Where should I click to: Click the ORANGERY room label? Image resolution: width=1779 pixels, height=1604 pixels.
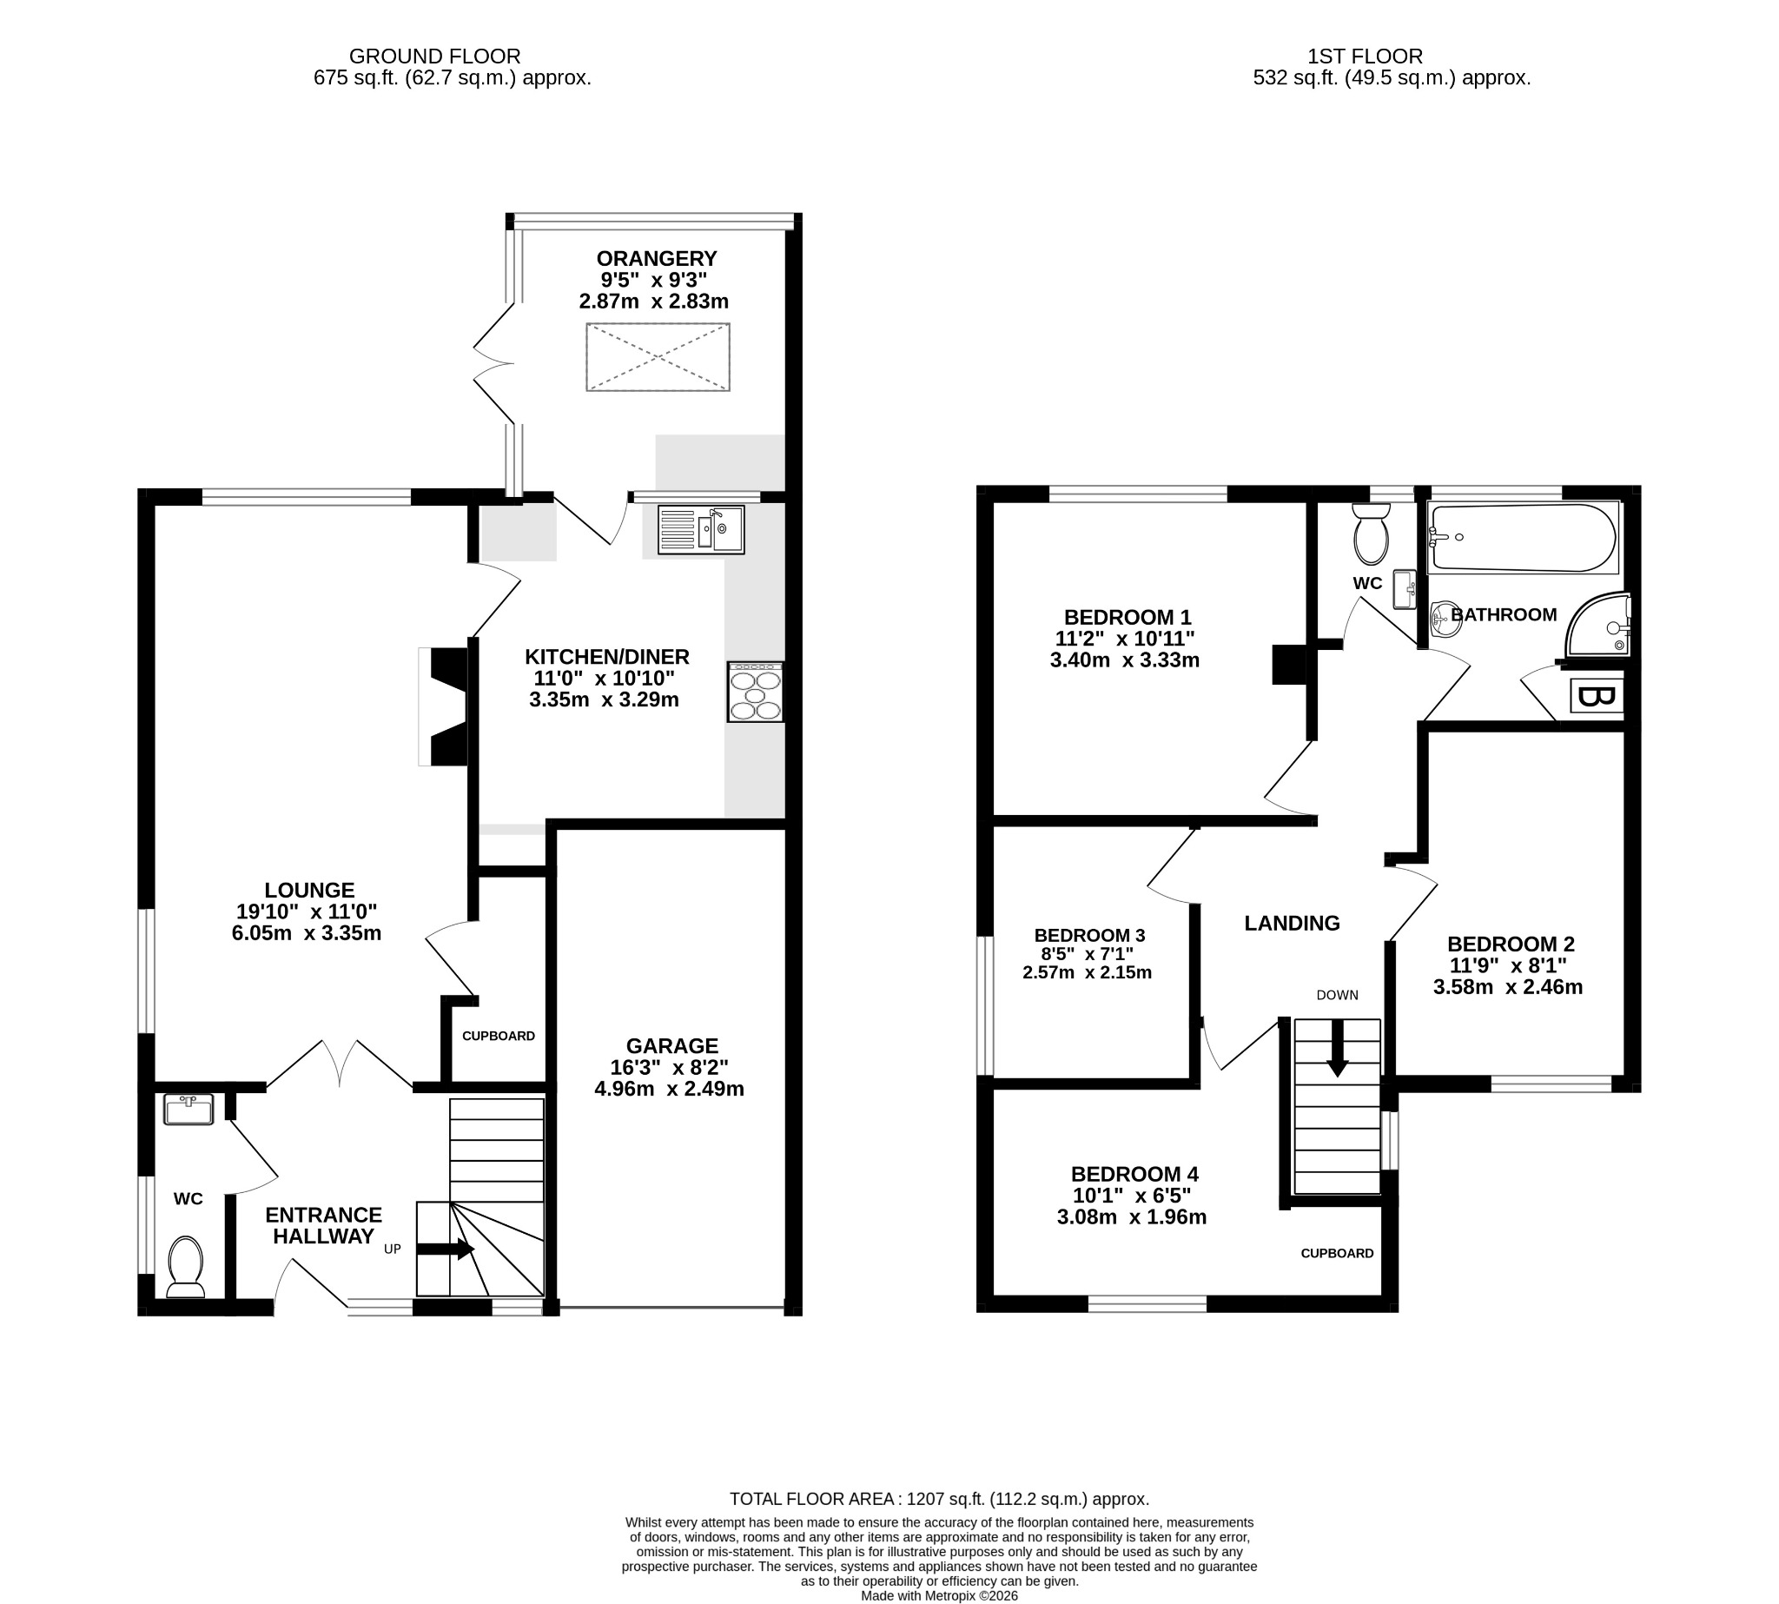point(657,258)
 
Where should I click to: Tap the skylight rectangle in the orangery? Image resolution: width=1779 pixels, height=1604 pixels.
point(658,357)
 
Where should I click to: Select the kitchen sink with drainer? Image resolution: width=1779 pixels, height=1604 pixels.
point(700,530)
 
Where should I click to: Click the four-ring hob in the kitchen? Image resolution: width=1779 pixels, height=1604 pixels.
point(755,692)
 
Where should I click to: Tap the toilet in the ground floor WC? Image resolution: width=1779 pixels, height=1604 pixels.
point(186,1267)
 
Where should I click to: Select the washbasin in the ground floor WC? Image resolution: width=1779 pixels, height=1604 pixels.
point(188,1110)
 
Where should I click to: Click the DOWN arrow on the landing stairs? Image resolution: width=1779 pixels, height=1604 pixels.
point(1338,1049)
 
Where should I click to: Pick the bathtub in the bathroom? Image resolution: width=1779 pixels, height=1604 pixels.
point(1524,537)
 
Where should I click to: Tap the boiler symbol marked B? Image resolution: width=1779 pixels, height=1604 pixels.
point(1597,696)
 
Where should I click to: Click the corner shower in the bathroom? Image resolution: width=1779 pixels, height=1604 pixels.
point(1598,624)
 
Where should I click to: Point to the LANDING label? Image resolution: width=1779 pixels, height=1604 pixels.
point(1292,923)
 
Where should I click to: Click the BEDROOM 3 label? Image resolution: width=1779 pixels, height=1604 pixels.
point(1089,935)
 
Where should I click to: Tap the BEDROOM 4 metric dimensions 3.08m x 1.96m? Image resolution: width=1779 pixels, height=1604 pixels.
point(1131,1217)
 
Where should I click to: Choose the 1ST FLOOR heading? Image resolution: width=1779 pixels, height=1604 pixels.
point(1365,56)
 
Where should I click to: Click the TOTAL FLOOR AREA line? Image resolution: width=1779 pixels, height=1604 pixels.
point(939,1498)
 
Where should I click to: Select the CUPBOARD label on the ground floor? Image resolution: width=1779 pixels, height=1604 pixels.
point(499,1036)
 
